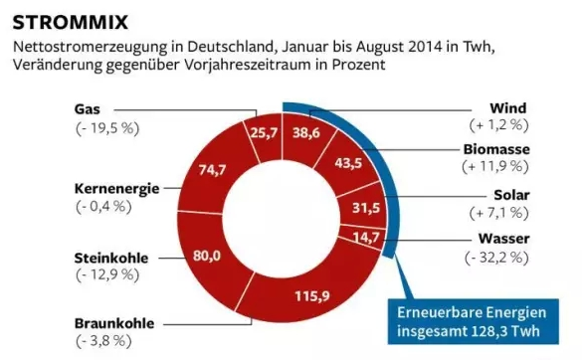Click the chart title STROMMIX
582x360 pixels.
click(x=71, y=22)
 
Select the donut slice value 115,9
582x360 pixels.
click(x=312, y=295)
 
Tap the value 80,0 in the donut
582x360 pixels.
click(x=207, y=256)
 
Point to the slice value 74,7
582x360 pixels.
click(x=212, y=170)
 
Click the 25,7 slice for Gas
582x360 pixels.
click(x=264, y=132)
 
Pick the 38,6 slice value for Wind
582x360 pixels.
click(x=306, y=132)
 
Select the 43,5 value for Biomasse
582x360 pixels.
click(x=348, y=162)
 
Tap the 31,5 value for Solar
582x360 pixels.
click(x=366, y=208)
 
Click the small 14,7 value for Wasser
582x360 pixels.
click(x=366, y=237)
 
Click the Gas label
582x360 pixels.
click(x=88, y=109)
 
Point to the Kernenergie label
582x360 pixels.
click(x=117, y=189)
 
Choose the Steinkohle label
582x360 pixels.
click(x=111, y=258)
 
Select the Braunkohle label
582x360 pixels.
click(x=114, y=323)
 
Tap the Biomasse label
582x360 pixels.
click(x=496, y=149)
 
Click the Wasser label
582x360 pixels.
click(x=503, y=239)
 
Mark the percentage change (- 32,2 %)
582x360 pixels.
click(x=496, y=258)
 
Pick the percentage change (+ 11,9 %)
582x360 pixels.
click(x=495, y=166)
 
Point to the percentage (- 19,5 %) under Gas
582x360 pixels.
click(x=107, y=128)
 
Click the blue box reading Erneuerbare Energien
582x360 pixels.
click(x=474, y=321)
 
